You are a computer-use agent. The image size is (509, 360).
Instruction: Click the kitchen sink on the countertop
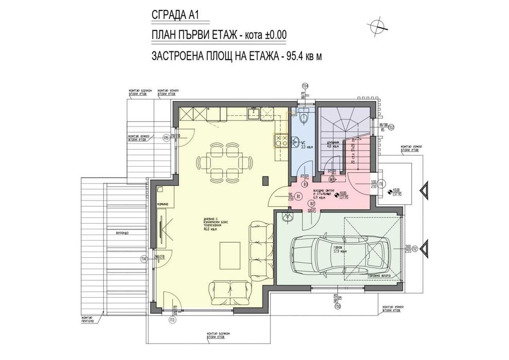(253, 112)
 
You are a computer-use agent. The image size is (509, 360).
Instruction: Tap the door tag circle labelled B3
(305, 183)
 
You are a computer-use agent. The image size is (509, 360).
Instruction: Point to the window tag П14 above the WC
(305, 86)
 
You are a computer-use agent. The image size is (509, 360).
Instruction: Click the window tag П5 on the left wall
(166, 138)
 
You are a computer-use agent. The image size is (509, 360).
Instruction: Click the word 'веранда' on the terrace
(122, 233)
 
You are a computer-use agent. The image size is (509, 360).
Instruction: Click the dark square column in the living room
(265, 181)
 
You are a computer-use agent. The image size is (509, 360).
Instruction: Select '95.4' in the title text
(294, 56)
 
